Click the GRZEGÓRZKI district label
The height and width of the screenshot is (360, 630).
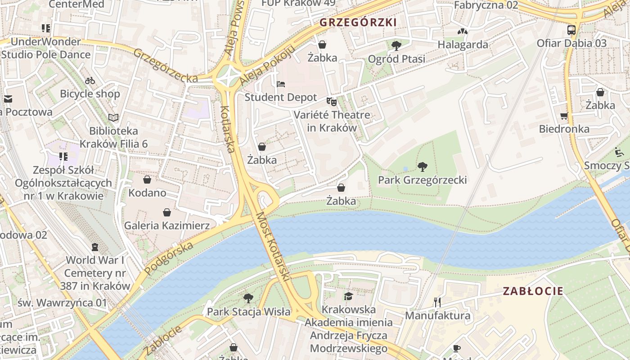[358, 22]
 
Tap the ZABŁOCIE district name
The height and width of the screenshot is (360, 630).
[533, 291]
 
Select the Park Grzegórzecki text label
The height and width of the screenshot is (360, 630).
[422, 180]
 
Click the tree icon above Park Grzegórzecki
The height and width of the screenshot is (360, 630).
[422, 167]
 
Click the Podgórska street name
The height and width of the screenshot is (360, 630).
[169, 258]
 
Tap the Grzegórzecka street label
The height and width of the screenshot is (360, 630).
[165, 66]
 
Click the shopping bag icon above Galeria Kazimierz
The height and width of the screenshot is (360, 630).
[167, 212]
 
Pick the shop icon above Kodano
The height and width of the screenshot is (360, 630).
[147, 180]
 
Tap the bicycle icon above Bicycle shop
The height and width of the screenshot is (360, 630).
[90, 81]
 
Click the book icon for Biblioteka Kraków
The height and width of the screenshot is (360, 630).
[113, 118]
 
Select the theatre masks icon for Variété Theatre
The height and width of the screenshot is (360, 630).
[332, 102]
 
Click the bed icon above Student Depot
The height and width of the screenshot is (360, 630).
[281, 84]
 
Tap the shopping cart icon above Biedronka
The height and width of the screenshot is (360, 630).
[564, 116]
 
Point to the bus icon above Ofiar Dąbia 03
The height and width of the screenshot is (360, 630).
[571, 30]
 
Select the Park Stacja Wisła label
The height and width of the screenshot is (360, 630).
[248, 311]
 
